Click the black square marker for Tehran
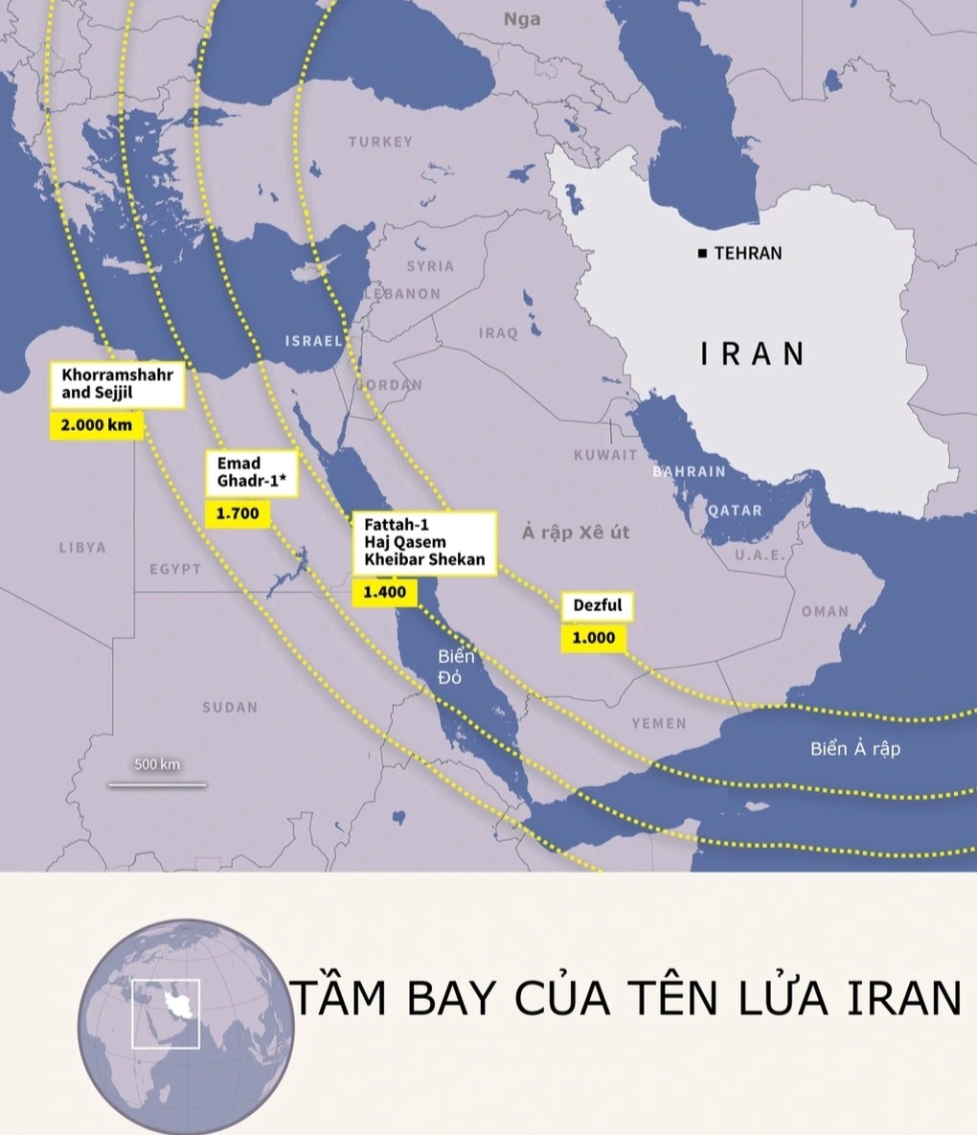pyautogui.click(x=703, y=254)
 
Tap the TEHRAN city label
pyautogui.click(x=747, y=254)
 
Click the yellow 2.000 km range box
pyautogui.click(x=96, y=425)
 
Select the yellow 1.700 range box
pyautogui.click(x=238, y=513)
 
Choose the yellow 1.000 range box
pyautogui.click(x=593, y=638)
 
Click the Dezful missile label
pyautogui.click(x=598, y=605)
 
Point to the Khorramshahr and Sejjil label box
pyautogui.click(x=117, y=383)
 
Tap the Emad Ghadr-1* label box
pyautogui.click(x=252, y=473)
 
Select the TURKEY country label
pyautogui.click(x=380, y=142)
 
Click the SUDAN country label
pyautogui.click(x=230, y=708)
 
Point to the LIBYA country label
pyautogui.click(x=82, y=548)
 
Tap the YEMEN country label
pyautogui.click(x=659, y=723)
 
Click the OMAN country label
pyautogui.click(x=825, y=611)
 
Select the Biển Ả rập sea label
pyautogui.click(x=855, y=749)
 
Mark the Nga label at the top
pyautogui.click(x=522, y=19)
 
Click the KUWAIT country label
pyautogui.click(x=605, y=455)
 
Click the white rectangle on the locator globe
pyautogui.click(x=166, y=1014)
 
